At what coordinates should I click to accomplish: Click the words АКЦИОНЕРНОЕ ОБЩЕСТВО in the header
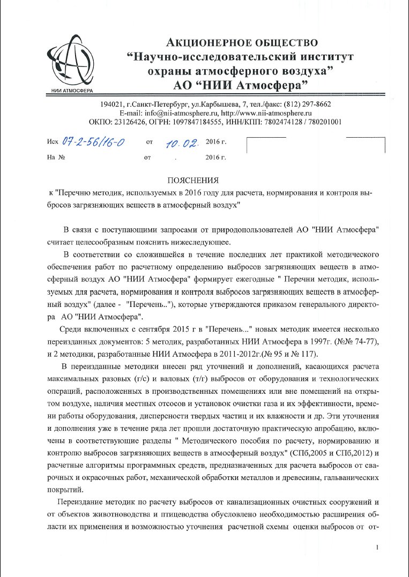point(243,42)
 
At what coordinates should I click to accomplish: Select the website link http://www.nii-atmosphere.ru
point(266,113)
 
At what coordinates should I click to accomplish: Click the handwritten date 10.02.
point(182,143)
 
